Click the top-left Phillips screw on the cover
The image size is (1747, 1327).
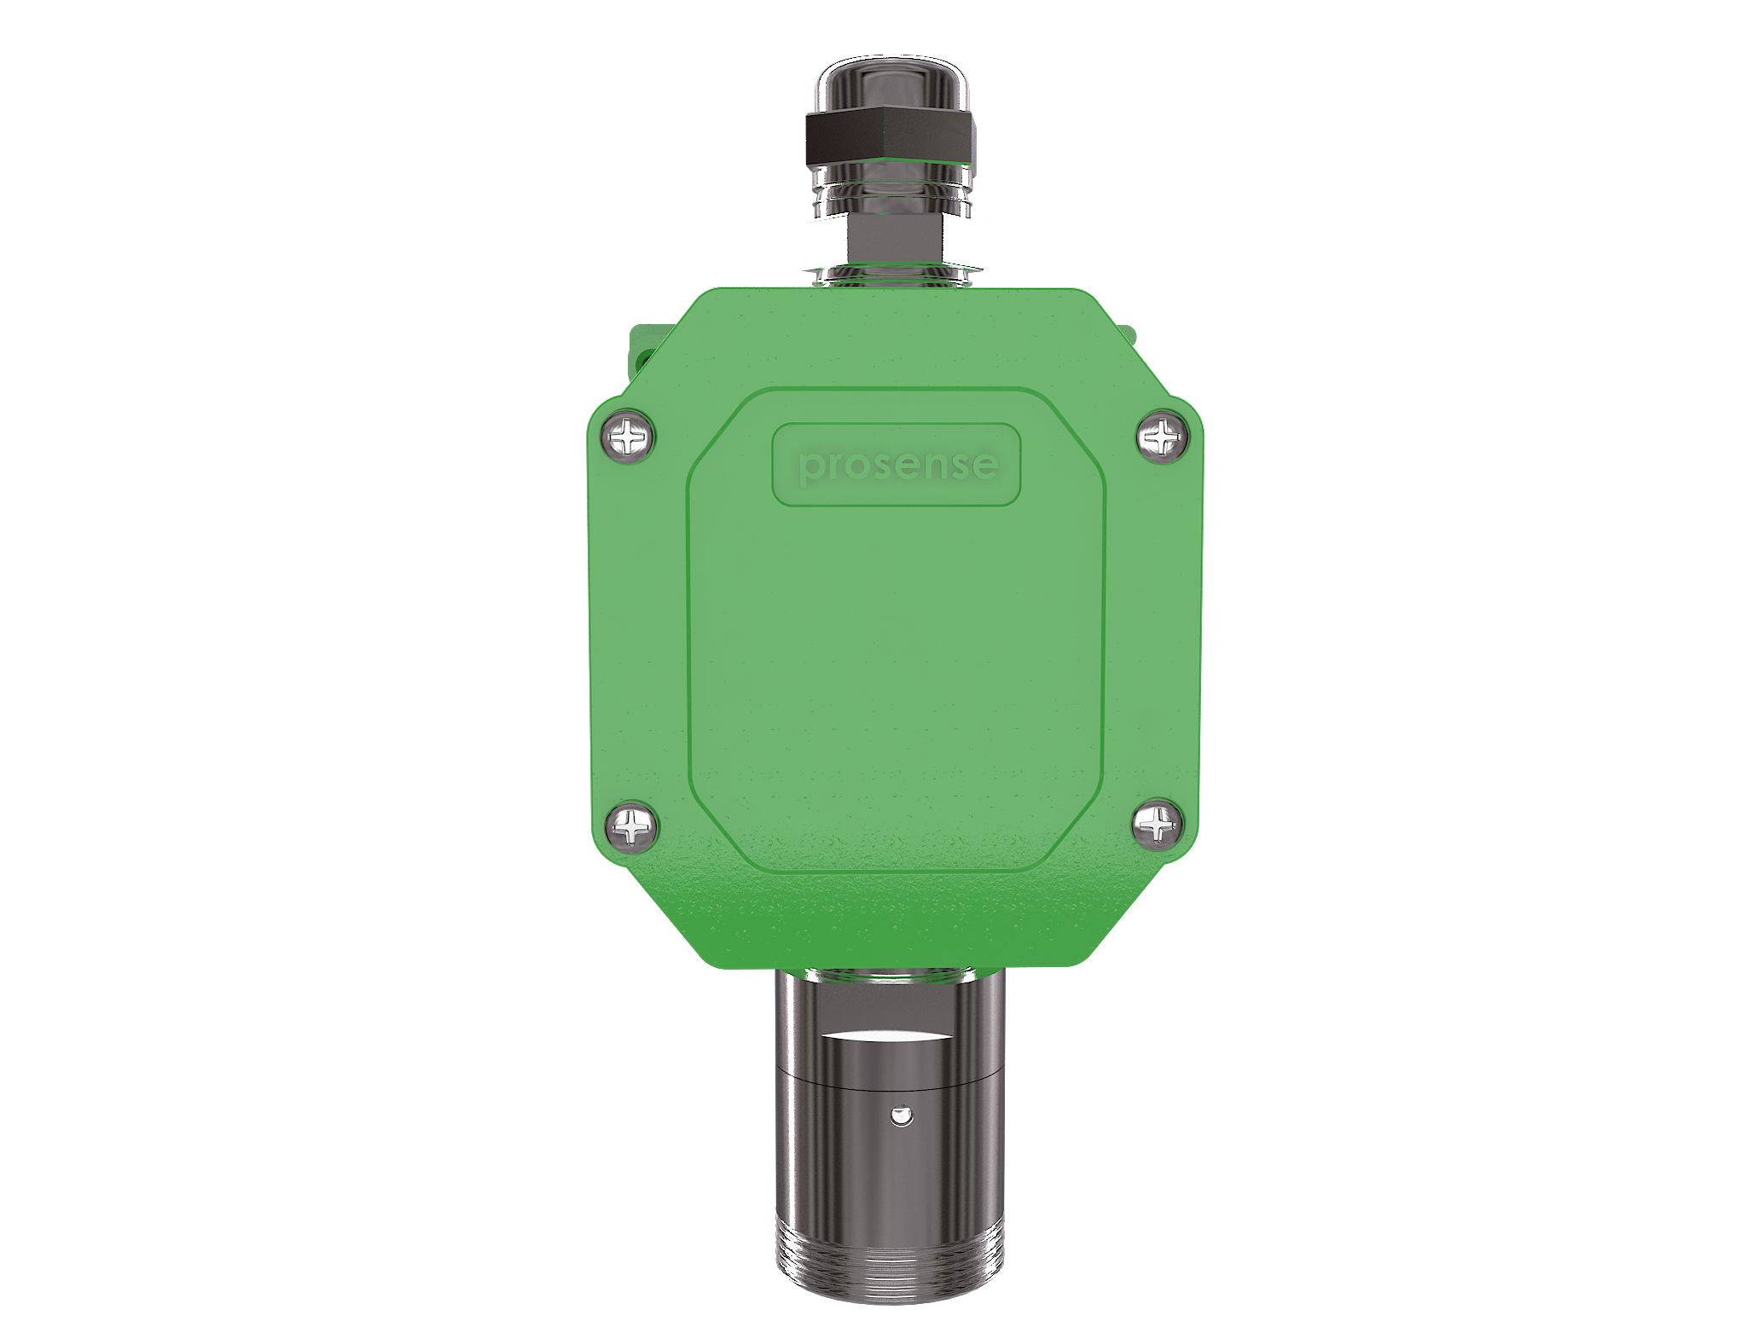[x=630, y=438]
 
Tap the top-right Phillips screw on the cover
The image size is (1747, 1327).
[x=1162, y=438]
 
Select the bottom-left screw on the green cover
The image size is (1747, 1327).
[x=631, y=826]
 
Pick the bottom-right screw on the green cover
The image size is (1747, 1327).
[x=1157, y=825]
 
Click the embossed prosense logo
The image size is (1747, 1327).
[x=897, y=466]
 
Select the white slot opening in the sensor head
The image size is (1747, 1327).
[x=888, y=1035]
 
